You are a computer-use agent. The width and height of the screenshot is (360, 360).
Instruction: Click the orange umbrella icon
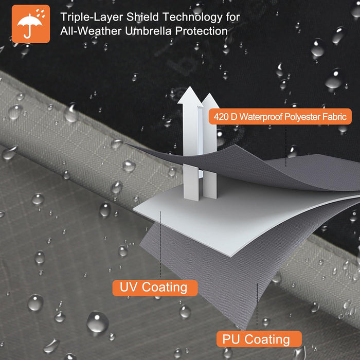(31, 24)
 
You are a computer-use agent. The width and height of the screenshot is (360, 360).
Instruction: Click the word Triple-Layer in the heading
(92, 17)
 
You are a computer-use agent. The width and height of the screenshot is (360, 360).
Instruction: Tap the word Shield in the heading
(142, 17)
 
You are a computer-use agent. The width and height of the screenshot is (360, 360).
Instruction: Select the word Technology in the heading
(193, 17)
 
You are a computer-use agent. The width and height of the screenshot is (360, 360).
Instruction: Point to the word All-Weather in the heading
(91, 31)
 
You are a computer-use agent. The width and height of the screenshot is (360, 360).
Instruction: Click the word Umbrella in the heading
(148, 31)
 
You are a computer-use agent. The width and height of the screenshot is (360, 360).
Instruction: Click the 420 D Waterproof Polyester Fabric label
(280, 116)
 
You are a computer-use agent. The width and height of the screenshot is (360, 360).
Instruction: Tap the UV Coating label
(155, 287)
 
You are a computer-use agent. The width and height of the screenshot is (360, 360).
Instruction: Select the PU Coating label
(259, 339)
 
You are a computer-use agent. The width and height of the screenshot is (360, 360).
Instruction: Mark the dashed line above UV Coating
(160, 244)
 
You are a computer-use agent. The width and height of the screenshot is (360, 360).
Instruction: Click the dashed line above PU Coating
(257, 304)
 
